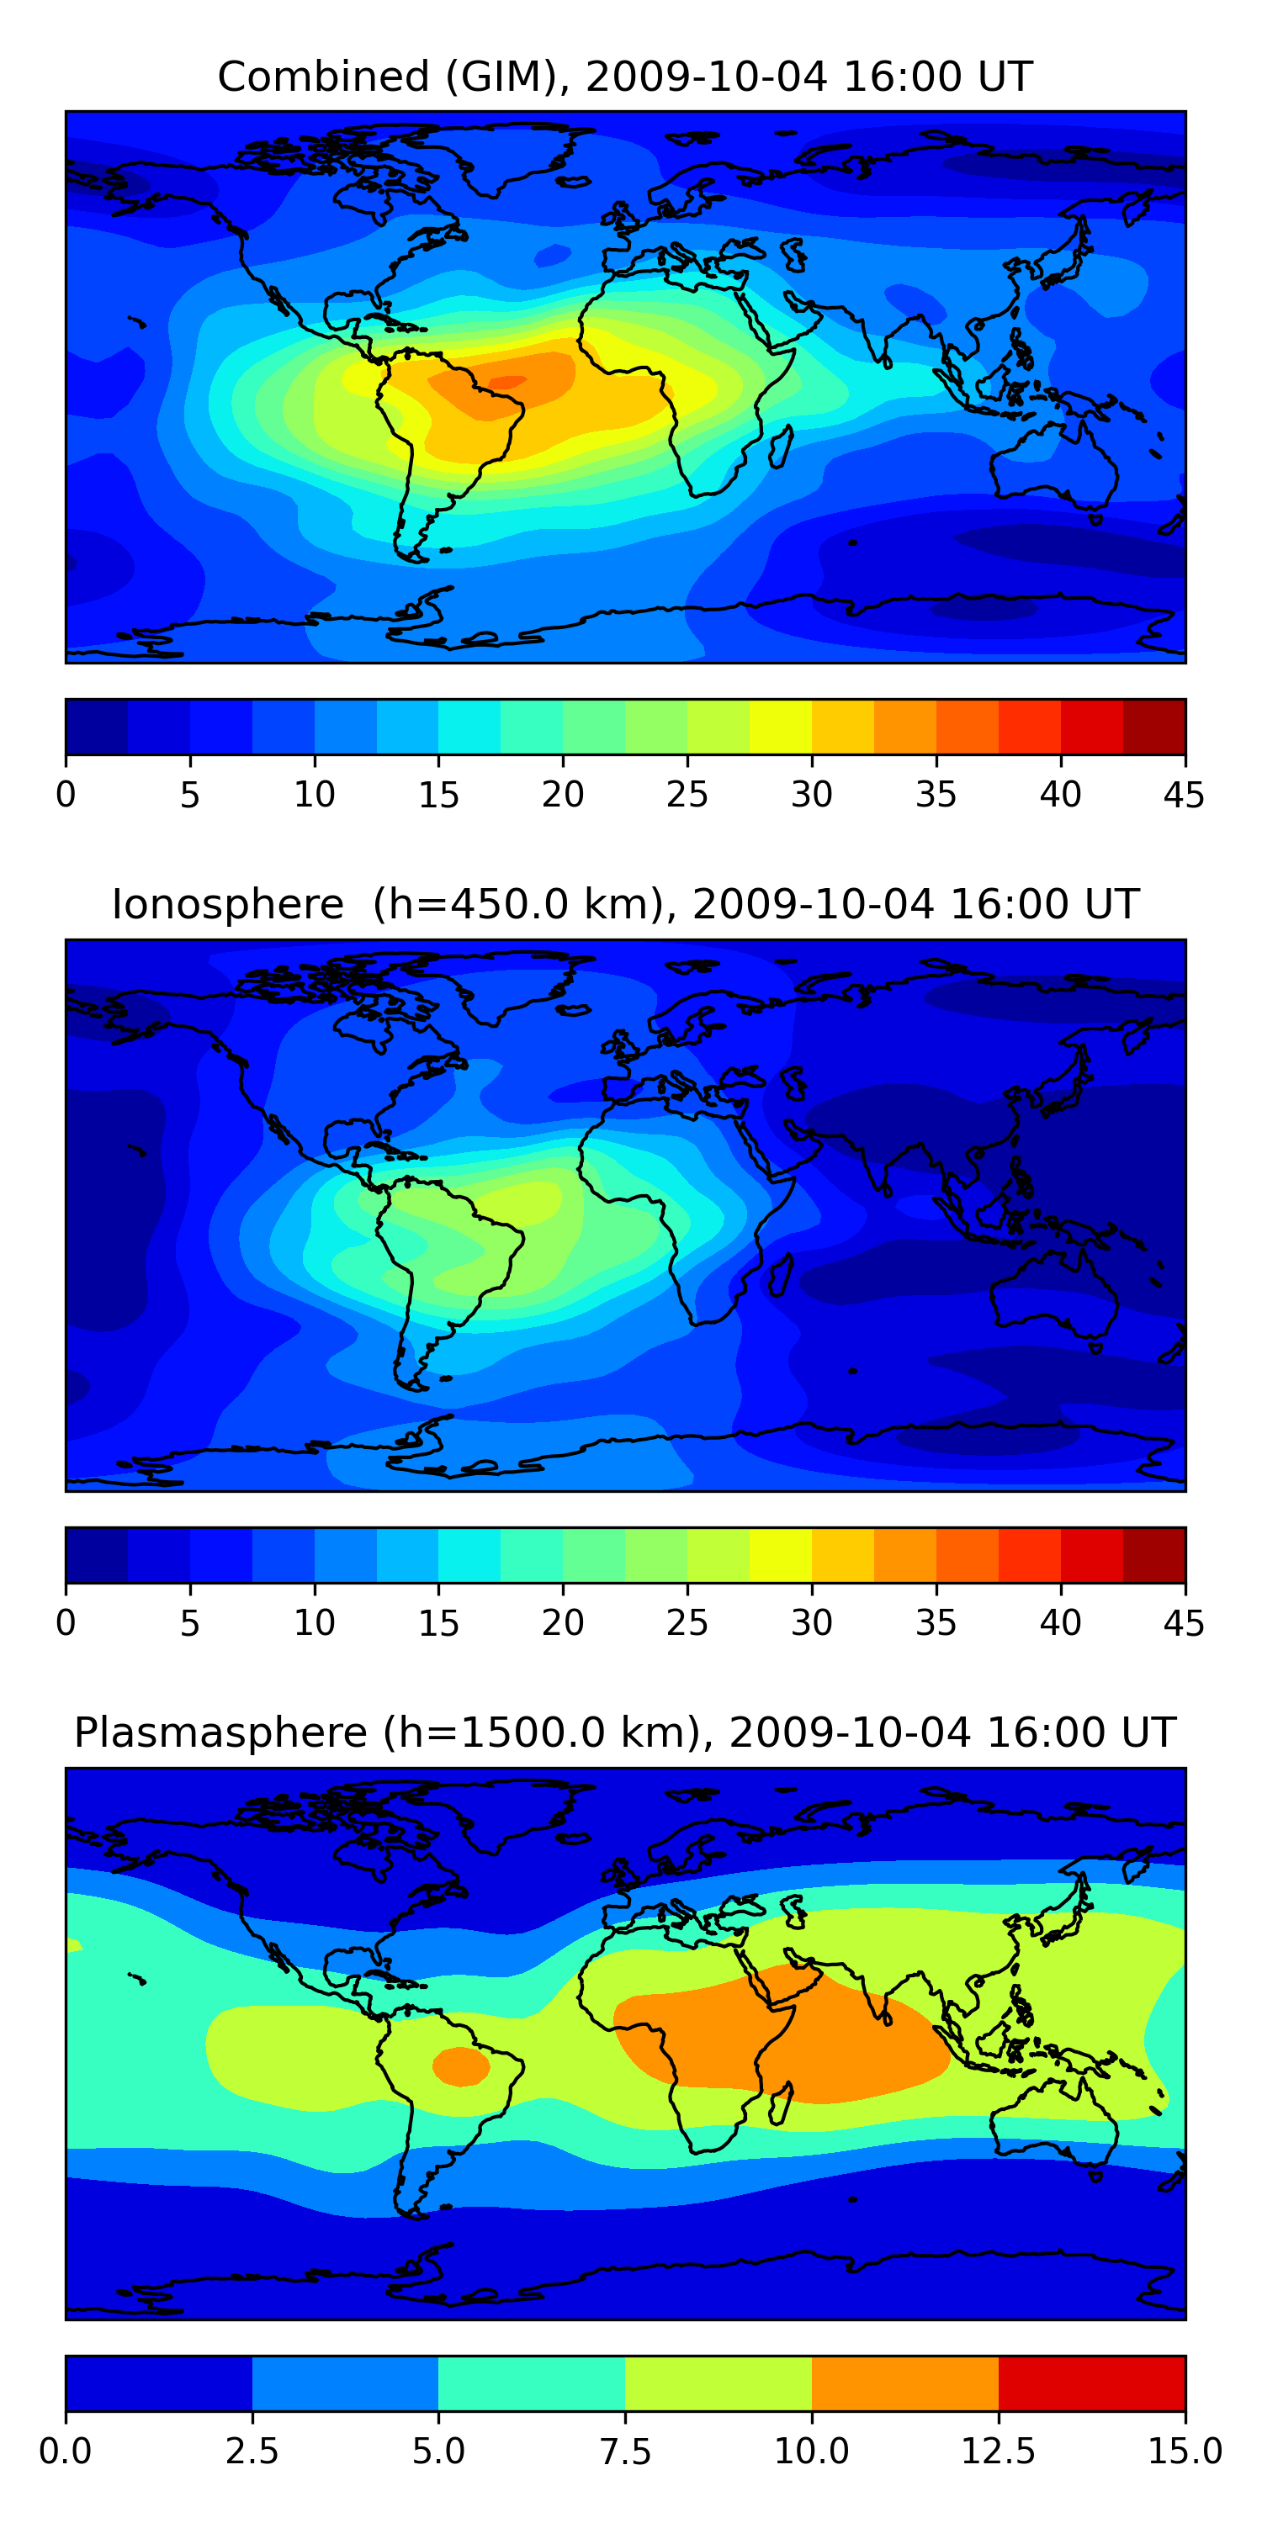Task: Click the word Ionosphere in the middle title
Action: (x=228, y=904)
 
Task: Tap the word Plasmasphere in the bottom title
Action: (x=221, y=1732)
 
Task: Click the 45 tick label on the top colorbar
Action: (x=1184, y=794)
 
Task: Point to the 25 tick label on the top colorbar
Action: (x=687, y=794)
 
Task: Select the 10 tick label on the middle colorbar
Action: (x=315, y=1623)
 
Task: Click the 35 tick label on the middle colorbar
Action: (x=936, y=1623)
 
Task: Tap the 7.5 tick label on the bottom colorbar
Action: (x=625, y=2452)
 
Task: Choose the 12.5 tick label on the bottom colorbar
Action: (x=999, y=2452)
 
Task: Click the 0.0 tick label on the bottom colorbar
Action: (x=66, y=2452)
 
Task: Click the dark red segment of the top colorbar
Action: (x=1154, y=727)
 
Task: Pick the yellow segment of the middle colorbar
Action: (x=781, y=1555)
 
